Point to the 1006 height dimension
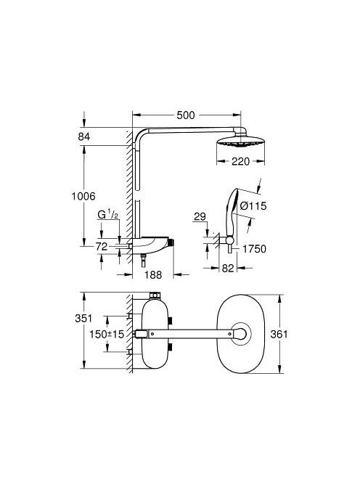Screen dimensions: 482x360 (86, 196)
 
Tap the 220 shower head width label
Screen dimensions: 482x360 (242, 162)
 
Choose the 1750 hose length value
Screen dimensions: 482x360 (254, 248)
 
